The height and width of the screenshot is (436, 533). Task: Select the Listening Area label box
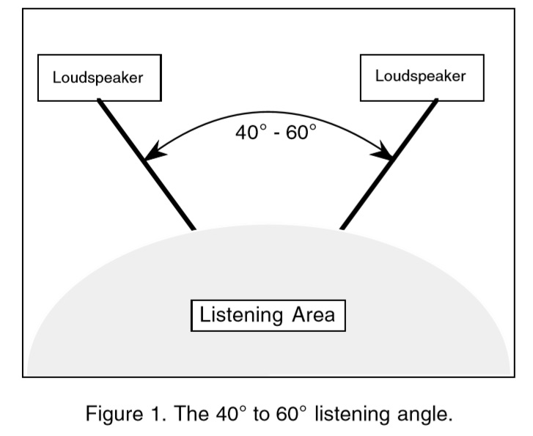(268, 316)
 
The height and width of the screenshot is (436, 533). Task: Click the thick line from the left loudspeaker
(147, 165)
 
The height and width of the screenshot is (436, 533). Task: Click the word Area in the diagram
(311, 316)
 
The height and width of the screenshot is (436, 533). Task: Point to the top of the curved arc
(268, 111)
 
